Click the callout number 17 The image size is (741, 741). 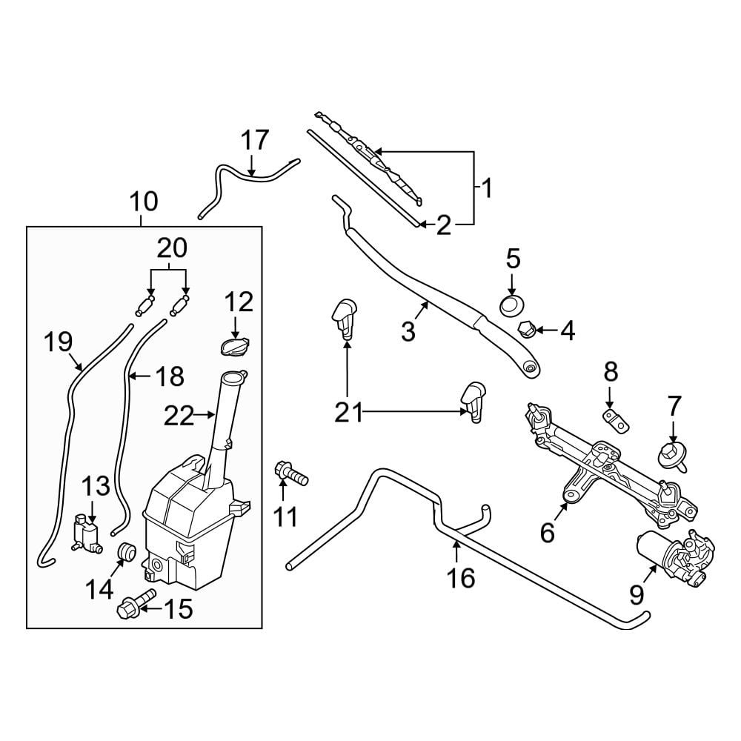coord(255,140)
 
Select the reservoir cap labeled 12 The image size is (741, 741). coord(235,345)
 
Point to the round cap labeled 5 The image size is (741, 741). coord(512,305)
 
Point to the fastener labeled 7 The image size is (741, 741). coord(671,456)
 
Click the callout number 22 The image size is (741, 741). coord(179,416)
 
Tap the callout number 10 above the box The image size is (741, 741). coord(144,202)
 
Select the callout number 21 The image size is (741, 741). coord(348,413)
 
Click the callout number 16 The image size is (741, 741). coord(461,577)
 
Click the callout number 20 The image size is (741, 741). coord(172,247)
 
